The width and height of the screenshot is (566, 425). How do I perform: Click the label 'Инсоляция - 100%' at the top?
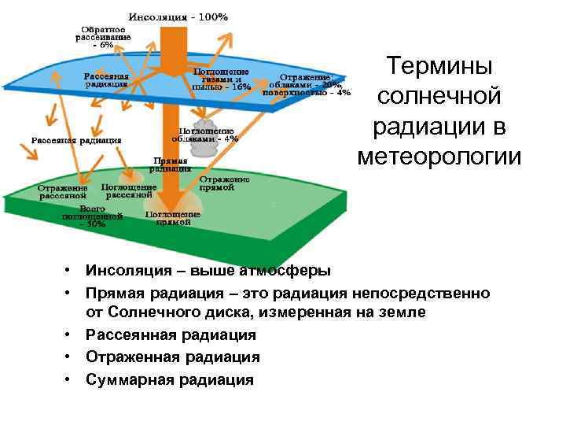click(179, 16)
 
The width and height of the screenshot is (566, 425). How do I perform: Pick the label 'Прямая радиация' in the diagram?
click(172, 162)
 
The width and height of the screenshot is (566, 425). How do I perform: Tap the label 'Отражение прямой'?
click(223, 183)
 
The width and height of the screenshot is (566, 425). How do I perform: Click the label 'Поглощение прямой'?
click(173, 217)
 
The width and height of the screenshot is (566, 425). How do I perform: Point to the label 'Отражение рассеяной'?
click(63, 192)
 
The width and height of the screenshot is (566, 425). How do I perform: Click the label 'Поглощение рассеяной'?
click(129, 191)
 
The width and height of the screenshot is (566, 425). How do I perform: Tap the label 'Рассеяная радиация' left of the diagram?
click(75, 140)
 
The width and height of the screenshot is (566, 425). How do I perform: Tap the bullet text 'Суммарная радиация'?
click(170, 379)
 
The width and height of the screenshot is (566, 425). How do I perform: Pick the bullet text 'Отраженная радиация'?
click(173, 357)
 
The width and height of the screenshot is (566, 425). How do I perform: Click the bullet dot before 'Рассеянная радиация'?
click(69, 334)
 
